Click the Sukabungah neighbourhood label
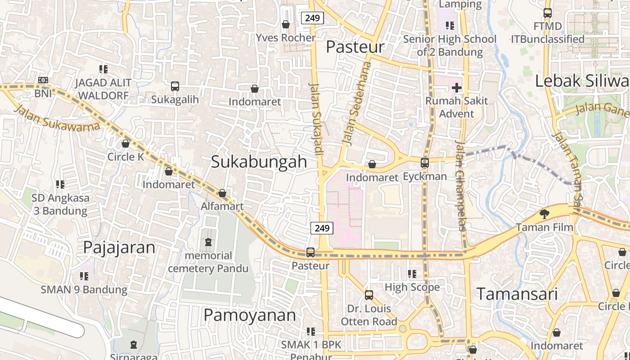tap(259, 162)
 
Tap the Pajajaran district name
tap(119, 247)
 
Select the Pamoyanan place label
tap(250, 315)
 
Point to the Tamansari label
tap(517, 294)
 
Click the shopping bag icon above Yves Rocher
tap(285, 24)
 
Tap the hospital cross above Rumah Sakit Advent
tap(457, 87)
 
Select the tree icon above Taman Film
tap(544, 214)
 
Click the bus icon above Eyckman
tap(425, 163)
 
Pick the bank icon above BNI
tap(43, 80)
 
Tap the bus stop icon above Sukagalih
tap(175, 86)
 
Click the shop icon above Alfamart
tap(222, 193)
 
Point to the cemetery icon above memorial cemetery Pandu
tap(208, 242)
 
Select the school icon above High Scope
tap(412, 274)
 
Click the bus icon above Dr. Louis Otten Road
tap(369, 295)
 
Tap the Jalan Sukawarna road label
tap(56, 118)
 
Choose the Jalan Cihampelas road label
tap(460, 185)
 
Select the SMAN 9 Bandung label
tap(84, 289)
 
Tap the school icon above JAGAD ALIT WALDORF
tap(103, 69)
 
